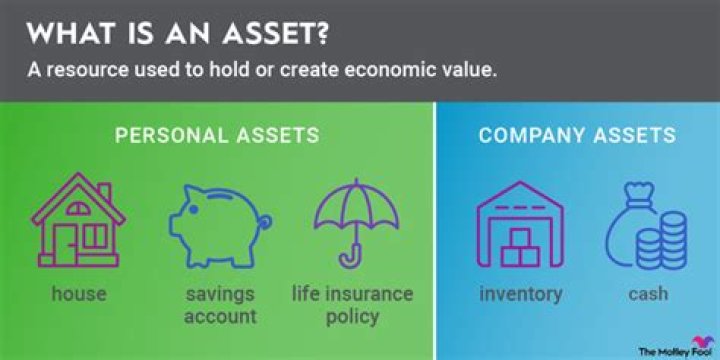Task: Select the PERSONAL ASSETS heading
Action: point(218,135)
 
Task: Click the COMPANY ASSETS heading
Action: point(577,135)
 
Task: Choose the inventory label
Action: point(520,294)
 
